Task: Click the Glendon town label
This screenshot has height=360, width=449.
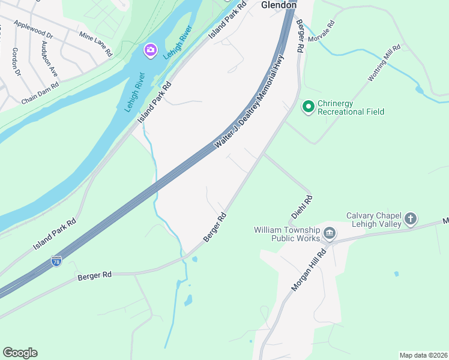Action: (x=279, y=5)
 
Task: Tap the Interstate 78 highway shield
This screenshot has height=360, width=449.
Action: (x=56, y=261)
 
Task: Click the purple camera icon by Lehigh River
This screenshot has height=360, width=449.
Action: (x=150, y=50)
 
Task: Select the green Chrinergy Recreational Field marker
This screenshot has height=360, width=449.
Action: (x=309, y=107)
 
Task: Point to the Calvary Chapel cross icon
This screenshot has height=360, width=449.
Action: (x=411, y=218)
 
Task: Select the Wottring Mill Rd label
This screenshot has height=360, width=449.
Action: (x=384, y=64)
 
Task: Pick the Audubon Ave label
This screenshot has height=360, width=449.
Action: (x=49, y=58)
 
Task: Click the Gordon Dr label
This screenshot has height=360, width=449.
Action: (x=16, y=62)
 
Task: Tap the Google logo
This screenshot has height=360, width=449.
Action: (x=20, y=353)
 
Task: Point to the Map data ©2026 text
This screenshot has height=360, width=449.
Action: (x=423, y=355)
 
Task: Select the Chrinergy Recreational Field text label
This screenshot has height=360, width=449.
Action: (x=351, y=107)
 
